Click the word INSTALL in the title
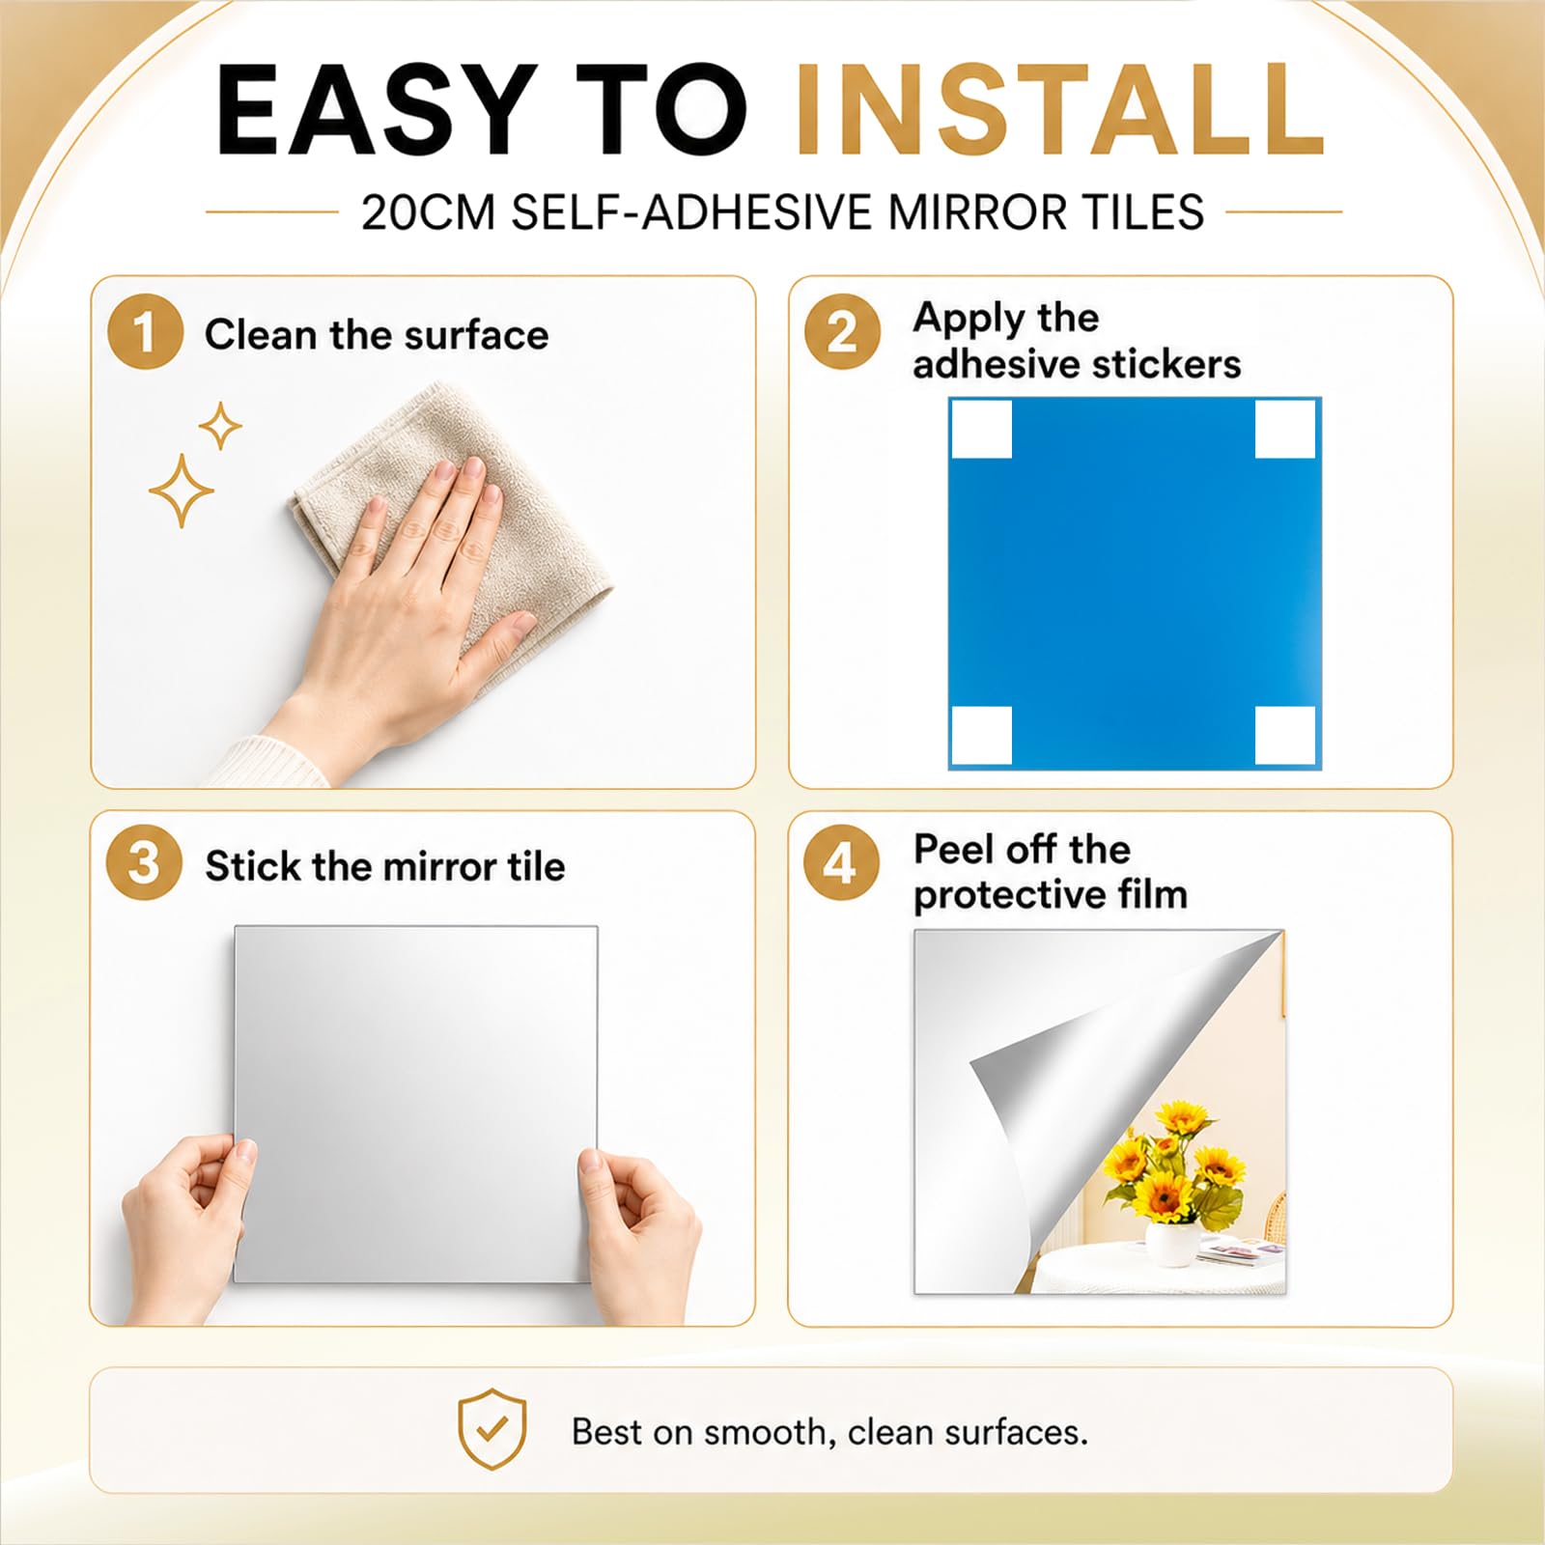point(1060,109)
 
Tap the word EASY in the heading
point(378,109)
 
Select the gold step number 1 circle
point(145,331)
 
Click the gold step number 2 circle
point(842,332)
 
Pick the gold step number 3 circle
point(144,862)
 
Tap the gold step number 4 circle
point(841,863)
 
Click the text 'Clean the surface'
point(377,335)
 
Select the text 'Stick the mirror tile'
point(385,866)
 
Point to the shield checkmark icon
point(492,1429)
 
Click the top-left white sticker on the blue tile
point(982,429)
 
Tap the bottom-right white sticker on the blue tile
point(1285,736)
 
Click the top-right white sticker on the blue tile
point(1285,429)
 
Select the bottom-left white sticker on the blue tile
point(982,736)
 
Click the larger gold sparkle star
point(181,492)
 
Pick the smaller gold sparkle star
point(220,426)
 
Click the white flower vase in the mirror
point(1172,1243)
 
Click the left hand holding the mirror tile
point(183,1226)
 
